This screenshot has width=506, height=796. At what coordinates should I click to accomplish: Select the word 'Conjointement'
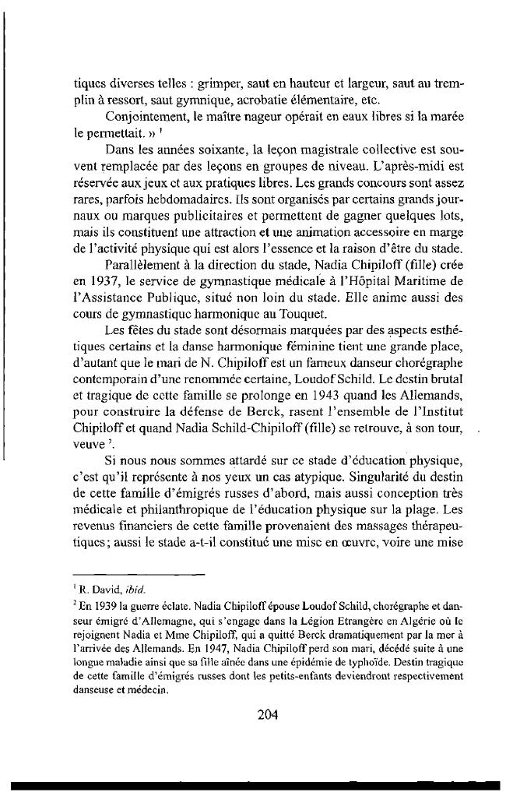[141, 117]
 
